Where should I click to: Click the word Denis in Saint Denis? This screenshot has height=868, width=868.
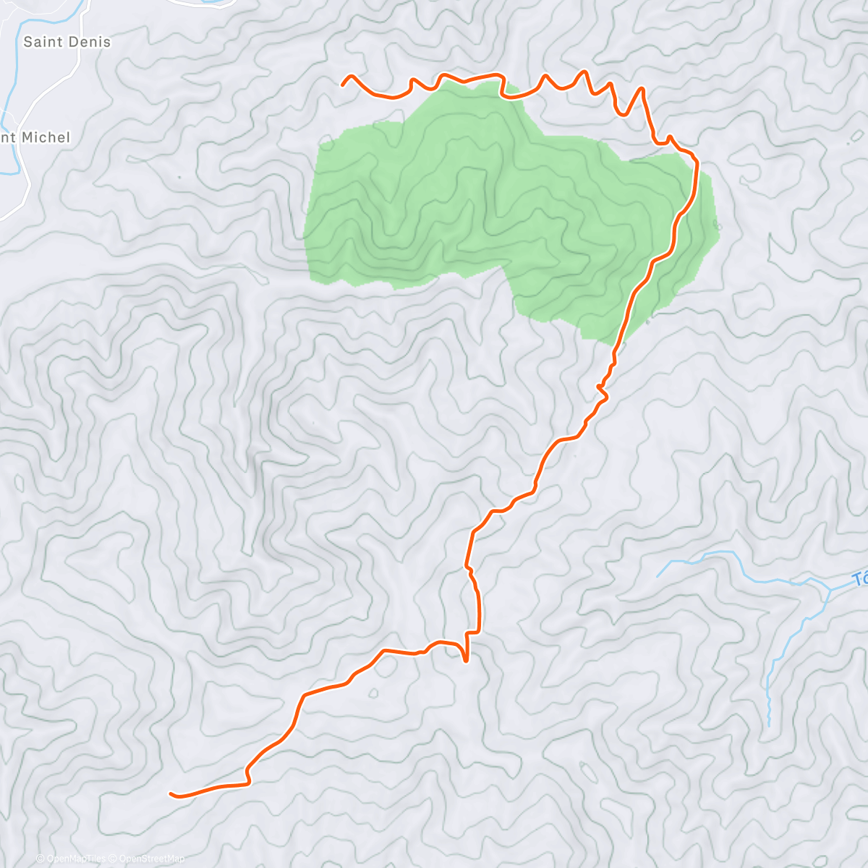[x=90, y=42]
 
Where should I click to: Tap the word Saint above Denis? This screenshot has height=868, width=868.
[x=43, y=42]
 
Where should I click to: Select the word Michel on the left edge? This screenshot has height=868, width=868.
[x=46, y=137]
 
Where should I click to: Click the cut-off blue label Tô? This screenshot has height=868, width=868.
[x=860, y=579]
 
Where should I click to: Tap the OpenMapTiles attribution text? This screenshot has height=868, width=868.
[x=76, y=859]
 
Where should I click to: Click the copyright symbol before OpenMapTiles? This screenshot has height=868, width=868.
[x=41, y=859]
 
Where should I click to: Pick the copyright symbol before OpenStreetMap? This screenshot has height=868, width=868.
[x=113, y=859]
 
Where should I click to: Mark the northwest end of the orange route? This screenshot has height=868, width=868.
[x=343, y=85]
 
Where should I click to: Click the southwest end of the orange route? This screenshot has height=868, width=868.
[x=171, y=793]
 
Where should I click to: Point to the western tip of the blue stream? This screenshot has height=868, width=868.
[x=658, y=576]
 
